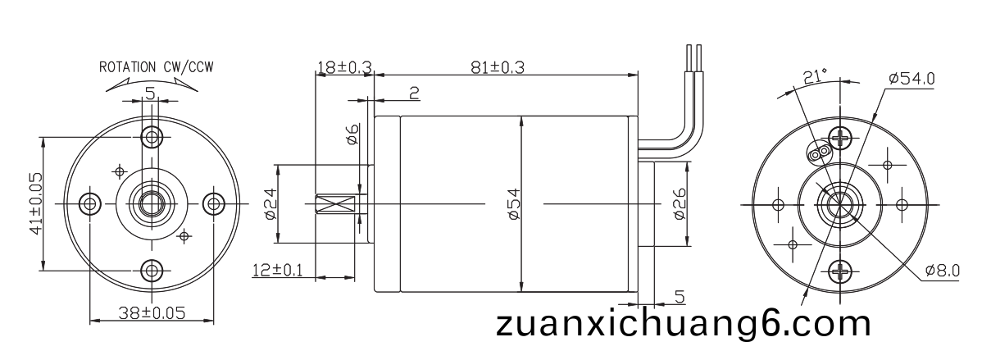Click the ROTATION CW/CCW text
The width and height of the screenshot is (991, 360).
[x=157, y=67]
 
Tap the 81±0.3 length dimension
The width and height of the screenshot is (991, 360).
[x=498, y=68]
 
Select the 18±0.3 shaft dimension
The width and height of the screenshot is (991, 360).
[x=344, y=67]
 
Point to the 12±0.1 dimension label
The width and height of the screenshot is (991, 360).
[x=277, y=270]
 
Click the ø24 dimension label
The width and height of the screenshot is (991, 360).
[x=270, y=203]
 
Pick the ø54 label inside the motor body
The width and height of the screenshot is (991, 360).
[x=514, y=203]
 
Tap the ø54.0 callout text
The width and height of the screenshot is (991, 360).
[x=911, y=79]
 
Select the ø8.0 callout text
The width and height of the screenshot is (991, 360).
[x=943, y=270]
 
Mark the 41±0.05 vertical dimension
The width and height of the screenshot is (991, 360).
[x=36, y=203]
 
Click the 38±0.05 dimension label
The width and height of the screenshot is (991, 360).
[x=152, y=313]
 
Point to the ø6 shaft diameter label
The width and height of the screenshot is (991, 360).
[x=352, y=134]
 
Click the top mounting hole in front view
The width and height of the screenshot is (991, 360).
[x=152, y=137]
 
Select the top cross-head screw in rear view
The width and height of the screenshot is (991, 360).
[x=839, y=138]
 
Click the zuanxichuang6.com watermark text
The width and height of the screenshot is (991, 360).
[x=684, y=324]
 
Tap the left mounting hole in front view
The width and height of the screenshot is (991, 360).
[x=90, y=203]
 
